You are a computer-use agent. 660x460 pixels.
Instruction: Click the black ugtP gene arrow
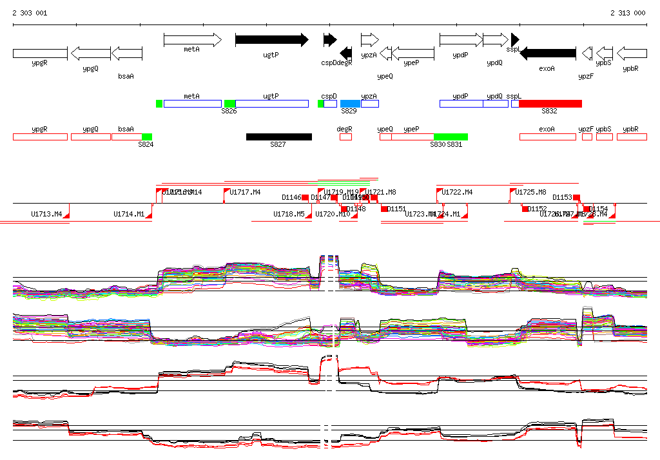tap(271, 40)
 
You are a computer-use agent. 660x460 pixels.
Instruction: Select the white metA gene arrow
tap(192, 40)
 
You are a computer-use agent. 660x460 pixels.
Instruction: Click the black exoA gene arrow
tap(547, 53)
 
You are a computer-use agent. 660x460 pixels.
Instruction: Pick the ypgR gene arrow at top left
tap(40, 53)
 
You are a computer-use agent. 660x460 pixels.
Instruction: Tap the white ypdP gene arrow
tap(460, 40)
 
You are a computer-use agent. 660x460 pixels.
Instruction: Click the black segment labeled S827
tap(278, 137)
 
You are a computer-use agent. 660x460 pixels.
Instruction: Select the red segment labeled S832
tap(550, 104)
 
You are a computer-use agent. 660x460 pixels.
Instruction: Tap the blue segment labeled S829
tap(350, 104)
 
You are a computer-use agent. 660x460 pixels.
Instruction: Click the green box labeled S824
tap(146, 137)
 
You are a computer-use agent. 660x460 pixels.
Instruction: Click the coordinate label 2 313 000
tap(628, 13)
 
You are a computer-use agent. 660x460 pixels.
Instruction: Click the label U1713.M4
tap(46, 214)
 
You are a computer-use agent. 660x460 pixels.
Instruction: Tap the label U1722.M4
tap(458, 193)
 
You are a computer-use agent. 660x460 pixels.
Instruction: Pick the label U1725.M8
tap(531, 193)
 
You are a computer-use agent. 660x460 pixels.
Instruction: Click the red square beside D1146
tap(306, 197)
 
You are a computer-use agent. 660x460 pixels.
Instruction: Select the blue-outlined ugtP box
tap(271, 104)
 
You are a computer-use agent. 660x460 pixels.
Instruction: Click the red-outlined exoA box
tap(547, 137)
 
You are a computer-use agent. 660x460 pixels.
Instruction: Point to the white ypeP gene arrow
tap(412, 53)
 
